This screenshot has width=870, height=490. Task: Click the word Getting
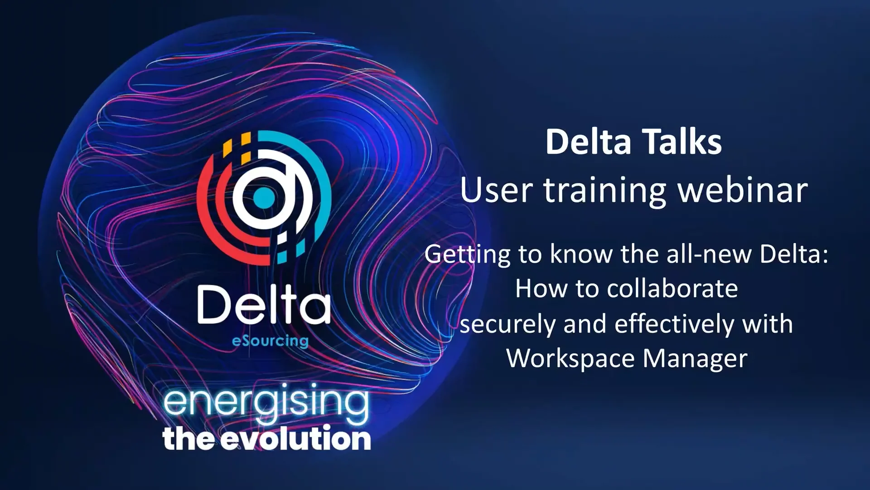tap(467, 254)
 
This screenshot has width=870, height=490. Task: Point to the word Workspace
tap(570, 359)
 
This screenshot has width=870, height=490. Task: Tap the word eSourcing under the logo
tap(270, 341)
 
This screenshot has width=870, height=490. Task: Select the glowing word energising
tap(266, 402)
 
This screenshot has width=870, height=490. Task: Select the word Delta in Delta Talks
tap(588, 142)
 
